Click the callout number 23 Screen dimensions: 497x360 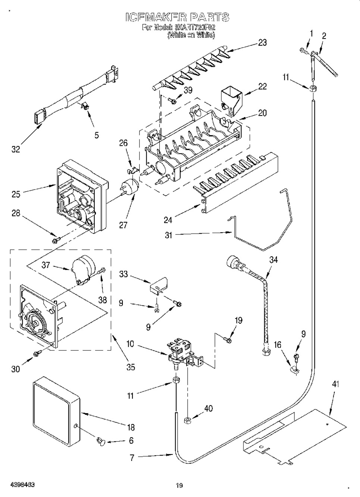[262, 43]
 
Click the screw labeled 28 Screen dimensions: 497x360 [57, 239]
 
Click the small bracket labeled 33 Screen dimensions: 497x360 [158, 287]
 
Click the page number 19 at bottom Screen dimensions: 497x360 [179, 485]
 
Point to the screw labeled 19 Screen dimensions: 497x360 [228, 339]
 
